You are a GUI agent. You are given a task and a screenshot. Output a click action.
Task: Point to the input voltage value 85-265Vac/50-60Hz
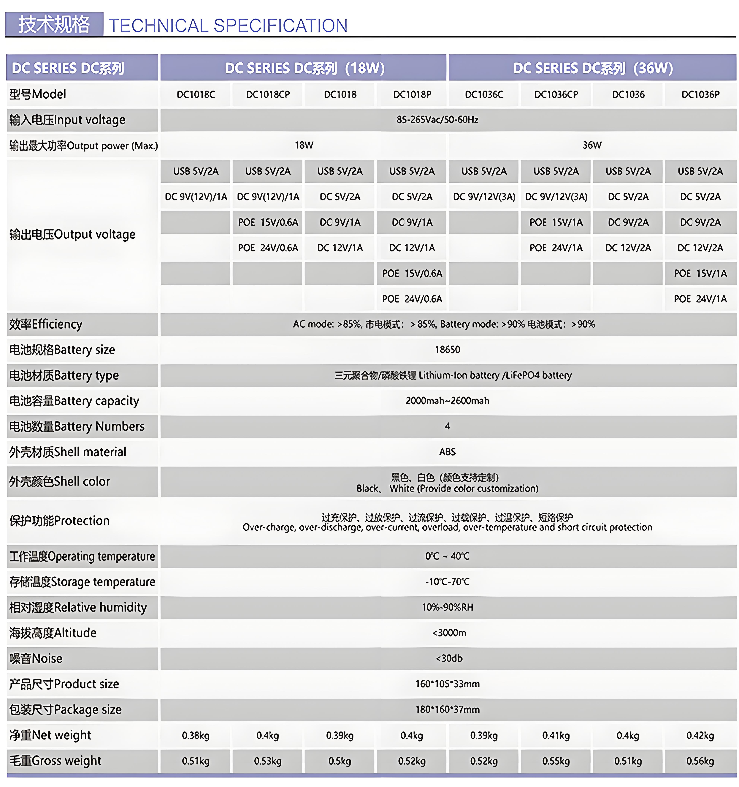pyautogui.click(x=437, y=120)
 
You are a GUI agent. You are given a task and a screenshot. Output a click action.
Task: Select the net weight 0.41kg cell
pyautogui.click(x=556, y=736)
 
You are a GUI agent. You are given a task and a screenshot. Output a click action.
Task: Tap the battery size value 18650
pyautogui.click(x=447, y=350)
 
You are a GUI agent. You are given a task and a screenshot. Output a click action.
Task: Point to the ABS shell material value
pyautogui.click(x=447, y=452)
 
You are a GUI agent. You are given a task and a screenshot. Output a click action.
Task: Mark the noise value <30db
pyautogui.click(x=449, y=658)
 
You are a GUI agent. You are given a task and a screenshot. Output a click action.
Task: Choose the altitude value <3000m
pyautogui.click(x=449, y=633)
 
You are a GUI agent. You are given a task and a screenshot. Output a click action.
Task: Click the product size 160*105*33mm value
pyautogui.click(x=447, y=684)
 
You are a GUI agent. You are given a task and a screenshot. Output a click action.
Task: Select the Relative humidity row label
pyautogui.click(x=78, y=607)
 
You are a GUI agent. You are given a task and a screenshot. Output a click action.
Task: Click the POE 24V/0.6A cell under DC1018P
pyautogui.click(x=412, y=299)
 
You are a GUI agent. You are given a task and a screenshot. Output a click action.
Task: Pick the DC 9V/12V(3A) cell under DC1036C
pyautogui.click(x=484, y=197)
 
